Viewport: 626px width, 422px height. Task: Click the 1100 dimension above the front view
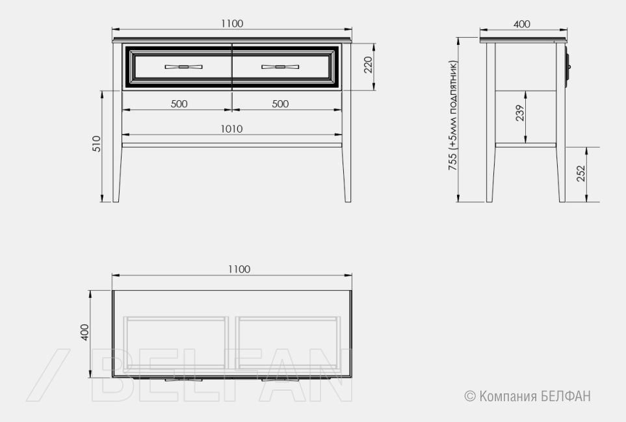[x=232, y=23]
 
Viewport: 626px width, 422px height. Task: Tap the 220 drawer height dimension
[x=368, y=65]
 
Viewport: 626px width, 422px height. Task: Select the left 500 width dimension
[x=179, y=104]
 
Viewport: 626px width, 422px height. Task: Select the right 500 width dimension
[x=280, y=104]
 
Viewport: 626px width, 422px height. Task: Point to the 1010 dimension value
[x=231, y=129]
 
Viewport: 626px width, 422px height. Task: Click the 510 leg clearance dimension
[x=97, y=143]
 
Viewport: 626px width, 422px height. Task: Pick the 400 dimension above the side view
[x=522, y=24]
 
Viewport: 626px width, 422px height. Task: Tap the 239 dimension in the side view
[x=519, y=113]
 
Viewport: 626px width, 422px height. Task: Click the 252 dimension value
[x=581, y=173]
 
